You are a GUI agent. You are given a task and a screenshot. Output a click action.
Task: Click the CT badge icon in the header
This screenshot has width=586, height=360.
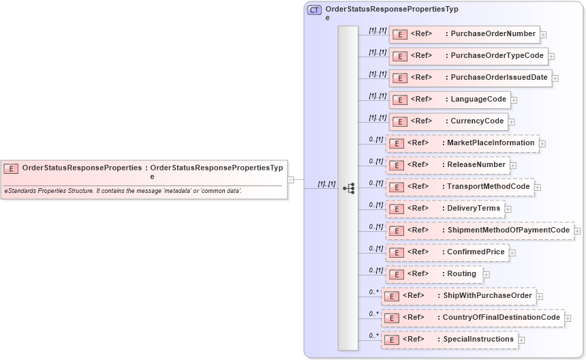(314, 10)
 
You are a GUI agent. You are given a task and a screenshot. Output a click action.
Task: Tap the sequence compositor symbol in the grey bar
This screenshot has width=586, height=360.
(348, 188)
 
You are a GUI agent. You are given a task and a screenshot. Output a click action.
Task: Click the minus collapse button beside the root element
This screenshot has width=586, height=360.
(291, 180)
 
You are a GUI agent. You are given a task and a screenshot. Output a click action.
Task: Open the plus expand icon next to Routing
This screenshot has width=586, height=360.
(487, 275)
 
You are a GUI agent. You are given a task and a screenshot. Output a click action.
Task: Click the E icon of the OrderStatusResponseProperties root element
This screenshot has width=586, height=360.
(11, 168)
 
